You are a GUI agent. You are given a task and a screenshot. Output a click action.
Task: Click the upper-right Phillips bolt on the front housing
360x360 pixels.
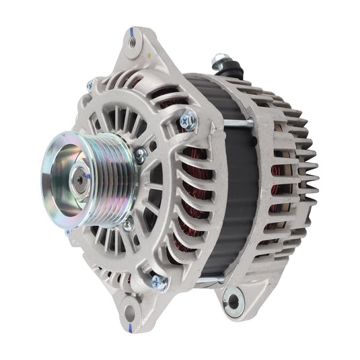[x=188, y=121]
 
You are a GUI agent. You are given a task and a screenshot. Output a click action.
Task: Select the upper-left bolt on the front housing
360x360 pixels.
[x=91, y=85]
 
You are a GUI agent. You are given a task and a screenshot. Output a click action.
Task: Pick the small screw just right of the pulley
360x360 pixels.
[x=140, y=155]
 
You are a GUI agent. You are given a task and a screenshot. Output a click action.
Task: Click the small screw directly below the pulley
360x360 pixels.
[x=128, y=224]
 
